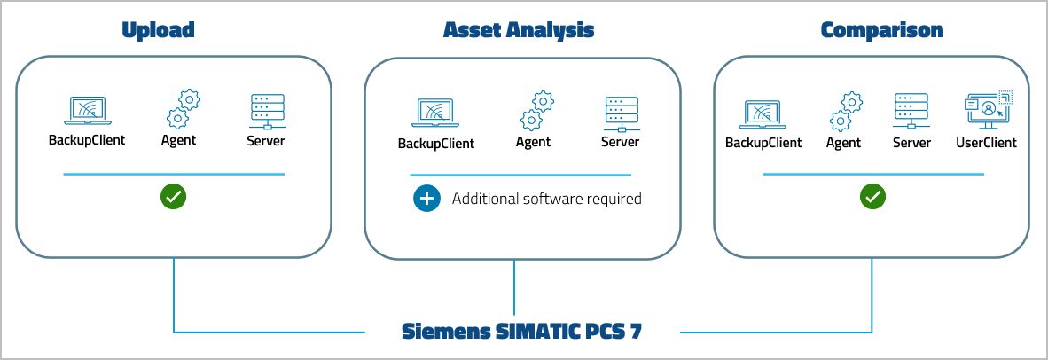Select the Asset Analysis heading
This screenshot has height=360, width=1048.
[x=519, y=30]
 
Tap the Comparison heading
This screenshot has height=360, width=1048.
[x=881, y=30]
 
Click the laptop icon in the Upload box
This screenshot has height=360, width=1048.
[x=86, y=111]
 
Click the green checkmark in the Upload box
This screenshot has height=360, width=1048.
[x=173, y=197]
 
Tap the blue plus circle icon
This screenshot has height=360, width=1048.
[x=426, y=199]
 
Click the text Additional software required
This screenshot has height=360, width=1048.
[x=546, y=199]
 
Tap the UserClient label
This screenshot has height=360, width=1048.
[x=986, y=143]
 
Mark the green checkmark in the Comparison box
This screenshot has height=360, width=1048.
[x=872, y=197]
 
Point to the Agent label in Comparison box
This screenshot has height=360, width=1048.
[x=843, y=143]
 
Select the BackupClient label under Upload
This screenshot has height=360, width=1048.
[x=86, y=140]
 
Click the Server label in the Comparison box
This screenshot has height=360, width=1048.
[x=911, y=143]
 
